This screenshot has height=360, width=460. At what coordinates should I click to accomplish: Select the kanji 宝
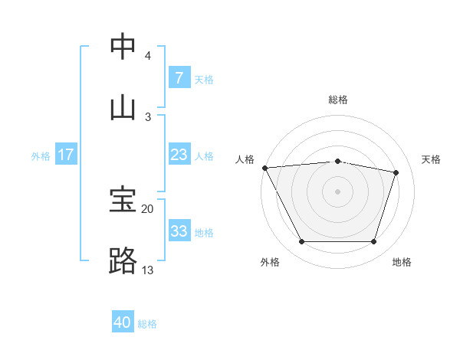pyautogui.click(x=123, y=200)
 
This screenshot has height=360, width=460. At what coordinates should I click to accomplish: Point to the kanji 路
pyautogui.click(x=123, y=260)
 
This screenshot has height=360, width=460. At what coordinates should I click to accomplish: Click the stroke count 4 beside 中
pyautogui.click(x=148, y=56)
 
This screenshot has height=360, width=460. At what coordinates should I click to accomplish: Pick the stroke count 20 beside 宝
pyautogui.click(x=147, y=208)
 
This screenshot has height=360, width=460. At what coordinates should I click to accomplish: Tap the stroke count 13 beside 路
pyautogui.click(x=147, y=270)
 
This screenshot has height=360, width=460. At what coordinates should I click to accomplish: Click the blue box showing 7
pyautogui.click(x=179, y=77)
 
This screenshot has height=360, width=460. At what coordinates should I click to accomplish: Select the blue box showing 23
pyautogui.click(x=179, y=155)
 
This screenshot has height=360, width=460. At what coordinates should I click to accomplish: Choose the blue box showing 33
pyautogui.click(x=179, y=231)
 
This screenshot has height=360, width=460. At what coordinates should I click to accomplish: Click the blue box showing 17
pyautogui.click(x=65, y=155)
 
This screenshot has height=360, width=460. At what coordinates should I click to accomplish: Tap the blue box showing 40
pyautogui.click(x=123, y=322)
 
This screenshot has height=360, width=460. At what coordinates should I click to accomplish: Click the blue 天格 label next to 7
pyautogui.click(x=204, y=79)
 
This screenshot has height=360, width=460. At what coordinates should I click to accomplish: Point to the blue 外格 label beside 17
pyautogui.click(x=41, y=156)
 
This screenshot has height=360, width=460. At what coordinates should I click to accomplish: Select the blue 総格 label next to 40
pyautogui.click(x=147, y=324)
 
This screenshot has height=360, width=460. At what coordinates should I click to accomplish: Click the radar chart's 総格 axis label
pyautogui.click(x=338, y=100)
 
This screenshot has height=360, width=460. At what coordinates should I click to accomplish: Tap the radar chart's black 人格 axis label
pyautogui.click(x=245, y=159)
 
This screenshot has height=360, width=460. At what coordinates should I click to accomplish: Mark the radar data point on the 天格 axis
pyautogui.click(x=396, y=172)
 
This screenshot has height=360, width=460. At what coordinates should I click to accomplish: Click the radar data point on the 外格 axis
pyautogui.click(x=301, y=242)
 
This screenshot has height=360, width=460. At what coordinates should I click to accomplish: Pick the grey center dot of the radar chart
pyautogui.click(x=338, y=191)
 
